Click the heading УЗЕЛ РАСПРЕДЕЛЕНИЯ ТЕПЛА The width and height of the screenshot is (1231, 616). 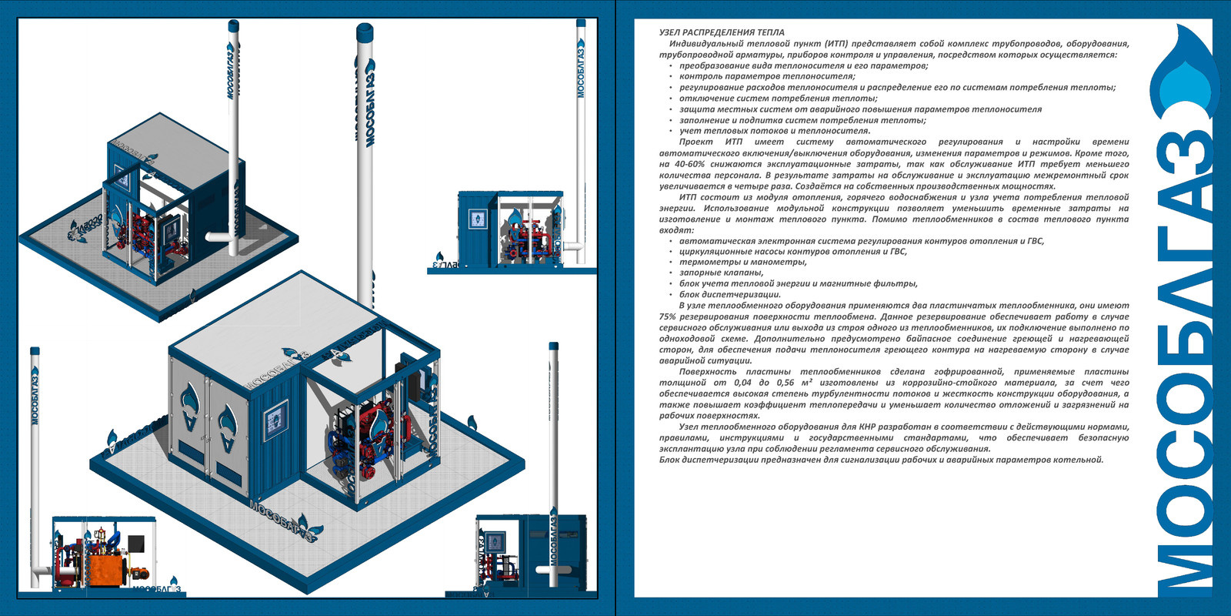722,32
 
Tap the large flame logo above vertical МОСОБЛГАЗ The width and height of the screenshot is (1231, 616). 1182,77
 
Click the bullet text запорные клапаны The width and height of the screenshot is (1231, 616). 721,273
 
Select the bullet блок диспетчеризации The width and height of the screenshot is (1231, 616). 730,294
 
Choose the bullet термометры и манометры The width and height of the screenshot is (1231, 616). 743,262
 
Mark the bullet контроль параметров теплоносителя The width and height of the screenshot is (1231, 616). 767,76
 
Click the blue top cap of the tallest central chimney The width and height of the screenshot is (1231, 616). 365,32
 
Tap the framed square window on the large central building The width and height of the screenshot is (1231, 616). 275,420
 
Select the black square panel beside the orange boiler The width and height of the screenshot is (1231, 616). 136,544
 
